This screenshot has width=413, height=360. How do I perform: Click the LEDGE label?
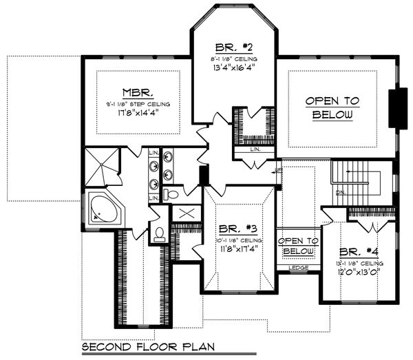[x=297, y=267]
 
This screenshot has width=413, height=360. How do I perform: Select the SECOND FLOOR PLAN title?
[x=146, y=347]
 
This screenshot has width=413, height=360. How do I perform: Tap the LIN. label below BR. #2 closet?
[x=255, y=149]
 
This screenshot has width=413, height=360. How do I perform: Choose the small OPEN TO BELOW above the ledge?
[x=297, y=246]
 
